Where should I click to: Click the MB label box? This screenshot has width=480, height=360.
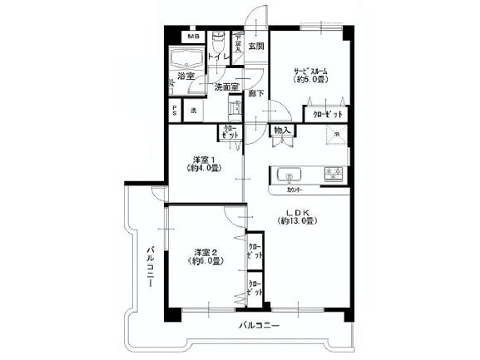[193, 37]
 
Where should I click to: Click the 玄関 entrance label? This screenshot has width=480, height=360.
[255, 47]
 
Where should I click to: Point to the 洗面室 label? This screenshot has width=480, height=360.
[226, 86]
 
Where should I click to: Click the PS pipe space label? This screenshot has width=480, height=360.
[175, 111]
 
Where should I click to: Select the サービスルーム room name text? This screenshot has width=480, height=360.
[308, 71]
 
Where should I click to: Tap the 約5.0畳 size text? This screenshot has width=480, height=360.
[308, 81]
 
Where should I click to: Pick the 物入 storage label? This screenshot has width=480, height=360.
[281, 131]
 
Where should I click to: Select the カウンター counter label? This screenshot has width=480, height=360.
[288, 190]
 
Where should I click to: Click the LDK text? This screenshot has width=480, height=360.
[295, 213]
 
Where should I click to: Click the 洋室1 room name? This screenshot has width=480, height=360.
[204, 159]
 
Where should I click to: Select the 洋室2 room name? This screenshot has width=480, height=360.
[205, 251]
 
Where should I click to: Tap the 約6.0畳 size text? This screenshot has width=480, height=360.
[205, 261]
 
